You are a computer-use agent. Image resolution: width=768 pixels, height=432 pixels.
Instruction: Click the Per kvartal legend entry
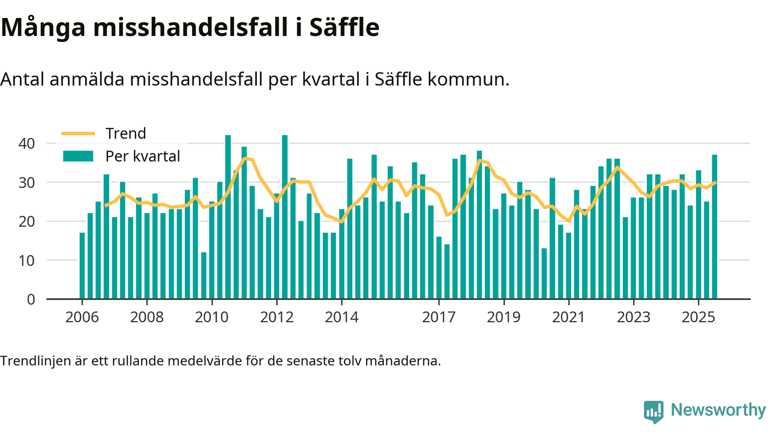143,157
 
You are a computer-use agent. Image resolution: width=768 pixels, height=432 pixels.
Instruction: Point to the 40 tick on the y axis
28,143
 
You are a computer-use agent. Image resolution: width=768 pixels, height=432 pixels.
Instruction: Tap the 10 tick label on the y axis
28,260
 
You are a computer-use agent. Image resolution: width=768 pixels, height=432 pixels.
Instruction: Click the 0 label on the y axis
31,299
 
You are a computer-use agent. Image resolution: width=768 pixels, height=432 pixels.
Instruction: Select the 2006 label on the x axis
82,316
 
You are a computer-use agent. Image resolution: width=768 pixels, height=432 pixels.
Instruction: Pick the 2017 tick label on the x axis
439,316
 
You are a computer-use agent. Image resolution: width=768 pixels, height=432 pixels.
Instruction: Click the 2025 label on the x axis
698,316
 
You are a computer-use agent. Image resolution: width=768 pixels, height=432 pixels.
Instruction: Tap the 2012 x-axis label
277,316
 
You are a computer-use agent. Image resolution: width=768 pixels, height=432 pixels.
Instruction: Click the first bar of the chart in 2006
82,266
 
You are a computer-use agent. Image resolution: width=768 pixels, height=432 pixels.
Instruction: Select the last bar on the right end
715,227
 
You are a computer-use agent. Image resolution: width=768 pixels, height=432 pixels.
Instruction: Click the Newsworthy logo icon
653,412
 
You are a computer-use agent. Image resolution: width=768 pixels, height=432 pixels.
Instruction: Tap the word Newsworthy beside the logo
718,410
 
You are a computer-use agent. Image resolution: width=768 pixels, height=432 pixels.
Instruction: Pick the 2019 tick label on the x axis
504,316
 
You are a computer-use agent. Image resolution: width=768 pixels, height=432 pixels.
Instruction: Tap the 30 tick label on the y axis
28,182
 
